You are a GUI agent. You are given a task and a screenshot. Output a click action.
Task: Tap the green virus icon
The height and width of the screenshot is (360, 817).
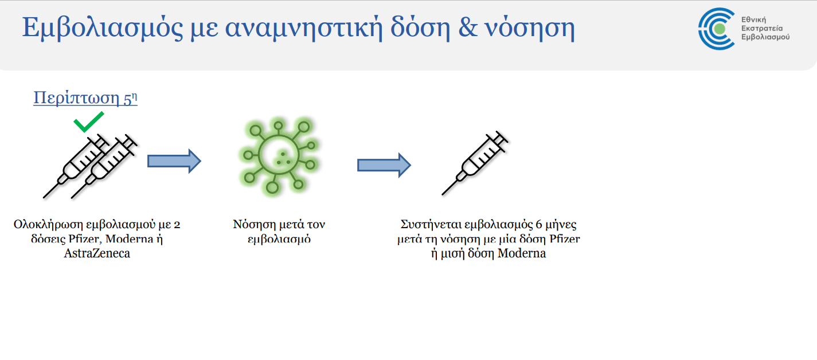279,156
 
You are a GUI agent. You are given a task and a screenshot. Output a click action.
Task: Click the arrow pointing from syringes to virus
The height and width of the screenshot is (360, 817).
174,161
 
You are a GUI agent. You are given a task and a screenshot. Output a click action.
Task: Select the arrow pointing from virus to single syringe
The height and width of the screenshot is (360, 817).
384,165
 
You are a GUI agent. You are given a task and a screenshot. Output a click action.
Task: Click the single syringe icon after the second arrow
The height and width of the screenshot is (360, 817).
475,163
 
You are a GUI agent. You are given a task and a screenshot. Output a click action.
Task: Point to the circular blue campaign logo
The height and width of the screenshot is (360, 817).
716,29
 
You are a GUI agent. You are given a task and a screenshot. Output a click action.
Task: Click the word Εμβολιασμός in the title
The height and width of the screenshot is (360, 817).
103,28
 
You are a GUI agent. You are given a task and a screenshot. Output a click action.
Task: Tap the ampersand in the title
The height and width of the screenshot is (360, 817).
468,28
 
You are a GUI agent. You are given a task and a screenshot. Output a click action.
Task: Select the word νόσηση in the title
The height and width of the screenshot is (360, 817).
530,29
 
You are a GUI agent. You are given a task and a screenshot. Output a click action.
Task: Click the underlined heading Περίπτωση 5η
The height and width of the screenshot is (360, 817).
85,98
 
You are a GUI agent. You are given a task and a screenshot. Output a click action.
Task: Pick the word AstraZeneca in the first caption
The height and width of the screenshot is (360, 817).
97,253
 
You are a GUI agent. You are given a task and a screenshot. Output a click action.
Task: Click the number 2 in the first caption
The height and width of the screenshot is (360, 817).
177,224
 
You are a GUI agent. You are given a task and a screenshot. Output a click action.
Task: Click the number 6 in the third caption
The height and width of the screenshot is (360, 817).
538,224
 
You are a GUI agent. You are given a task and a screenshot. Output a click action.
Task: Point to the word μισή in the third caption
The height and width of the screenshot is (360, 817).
452,253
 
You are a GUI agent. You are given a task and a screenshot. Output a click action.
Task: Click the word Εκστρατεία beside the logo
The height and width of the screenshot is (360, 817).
762,28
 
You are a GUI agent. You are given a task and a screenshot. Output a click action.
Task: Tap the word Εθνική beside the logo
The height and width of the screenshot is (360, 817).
753,19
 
